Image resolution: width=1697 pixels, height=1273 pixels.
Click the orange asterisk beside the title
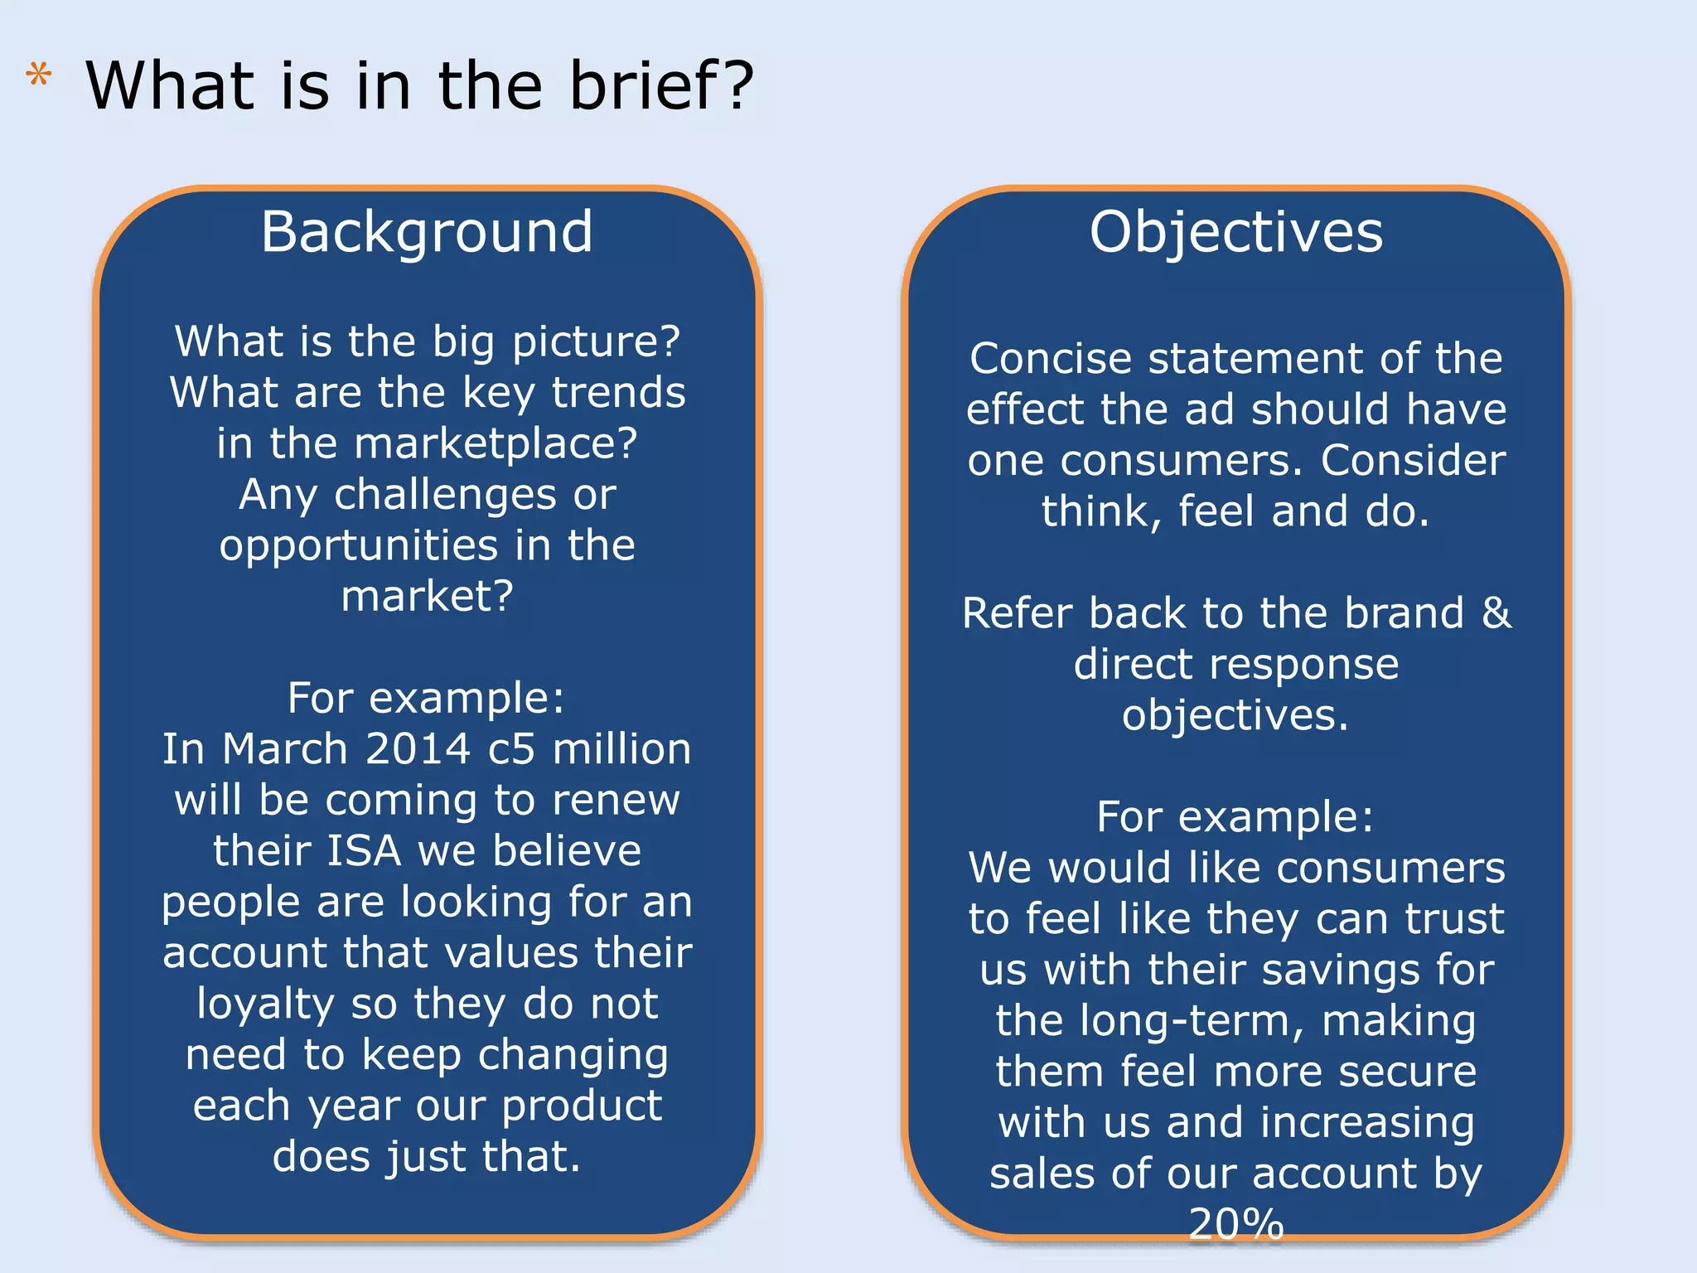pos(38,75)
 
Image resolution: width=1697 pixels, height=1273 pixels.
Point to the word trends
pos(619,392)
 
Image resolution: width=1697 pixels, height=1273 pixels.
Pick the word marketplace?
pos(496,444)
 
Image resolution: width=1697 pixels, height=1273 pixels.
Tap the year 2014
pos(418,749)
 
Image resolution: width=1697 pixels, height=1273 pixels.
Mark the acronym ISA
pos(365,851)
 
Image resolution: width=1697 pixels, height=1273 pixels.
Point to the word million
pos(621,749)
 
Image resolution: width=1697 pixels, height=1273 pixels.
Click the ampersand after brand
pos(1496,613)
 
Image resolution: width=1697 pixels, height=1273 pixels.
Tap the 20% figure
pos(1235,1223)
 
